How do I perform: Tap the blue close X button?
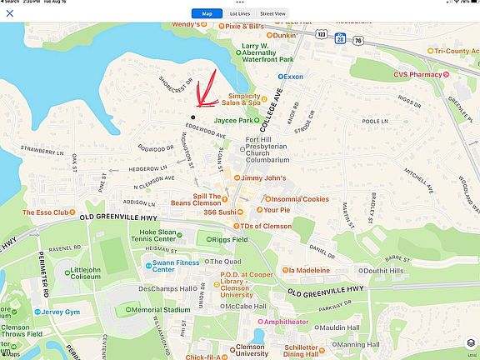pos(10,13)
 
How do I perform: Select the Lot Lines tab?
pos(240,13)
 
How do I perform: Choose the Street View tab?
pos(272,13)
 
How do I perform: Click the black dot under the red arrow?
pos(193,117)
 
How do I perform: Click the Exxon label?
pos(292,76)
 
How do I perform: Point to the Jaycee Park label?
pos(236,120)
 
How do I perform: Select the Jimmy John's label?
pos(262,178)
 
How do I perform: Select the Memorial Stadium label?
pos(161,309)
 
